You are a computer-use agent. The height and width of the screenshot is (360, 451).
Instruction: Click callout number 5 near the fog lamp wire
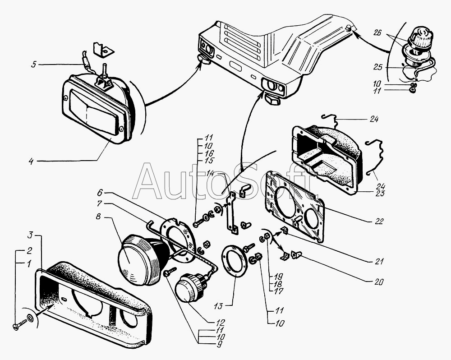point(33,65)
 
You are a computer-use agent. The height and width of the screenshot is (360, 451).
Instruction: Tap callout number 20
point(378,282)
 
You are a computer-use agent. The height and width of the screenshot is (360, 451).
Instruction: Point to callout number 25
point(378,67)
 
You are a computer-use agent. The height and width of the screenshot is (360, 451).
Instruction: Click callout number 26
point(377,32)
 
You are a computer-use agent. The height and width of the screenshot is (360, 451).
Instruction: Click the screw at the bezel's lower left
point(18,325)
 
